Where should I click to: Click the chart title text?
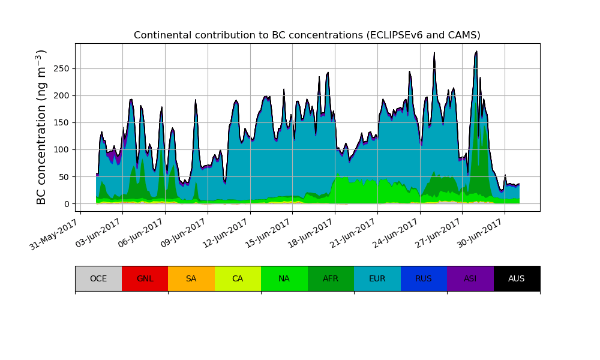[307, 35]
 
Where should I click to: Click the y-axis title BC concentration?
[41, 127]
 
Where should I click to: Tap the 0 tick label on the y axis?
[67, 204]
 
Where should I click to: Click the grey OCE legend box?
[98, 278]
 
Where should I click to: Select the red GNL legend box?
[145, 278]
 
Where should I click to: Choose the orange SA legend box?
[191, 278]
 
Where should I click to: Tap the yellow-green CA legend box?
[238, 278]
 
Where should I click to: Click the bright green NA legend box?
[284, 278]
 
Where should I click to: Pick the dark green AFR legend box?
[331, 278]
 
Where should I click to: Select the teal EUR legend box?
[377, 278]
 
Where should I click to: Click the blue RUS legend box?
[424, 278]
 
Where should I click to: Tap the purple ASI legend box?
[470, 278]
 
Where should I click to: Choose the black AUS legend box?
[517, 278]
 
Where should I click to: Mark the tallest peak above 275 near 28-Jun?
[476, 52]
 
